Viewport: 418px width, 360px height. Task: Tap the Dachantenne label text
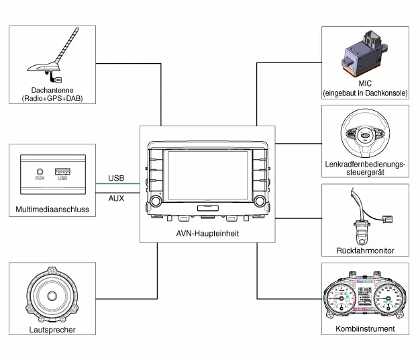(52, 89)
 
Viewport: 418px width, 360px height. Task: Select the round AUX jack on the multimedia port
(40, 172)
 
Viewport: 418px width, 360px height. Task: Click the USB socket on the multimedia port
(62, 171)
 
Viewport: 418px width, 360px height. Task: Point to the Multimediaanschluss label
(52, 210)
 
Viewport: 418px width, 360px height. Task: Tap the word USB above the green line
(116, 178)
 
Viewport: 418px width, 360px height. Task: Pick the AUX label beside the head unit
(116, 198)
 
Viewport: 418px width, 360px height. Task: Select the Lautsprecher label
(52, 330)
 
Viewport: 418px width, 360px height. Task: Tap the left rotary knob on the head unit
(156, 201)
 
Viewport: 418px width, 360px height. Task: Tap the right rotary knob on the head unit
(258, 201)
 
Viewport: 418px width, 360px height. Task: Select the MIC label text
(364, 83)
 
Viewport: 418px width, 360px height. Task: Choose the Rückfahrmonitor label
(365, 251)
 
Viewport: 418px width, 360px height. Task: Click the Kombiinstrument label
(365, 329)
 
